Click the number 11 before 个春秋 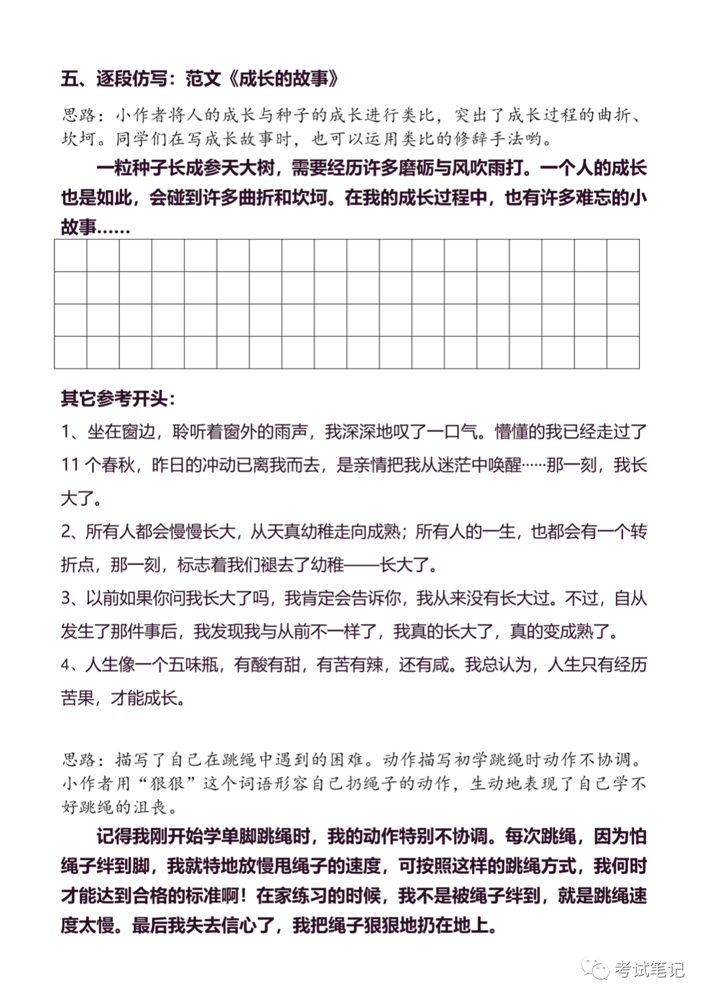[70, 465]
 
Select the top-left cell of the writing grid [71, 255]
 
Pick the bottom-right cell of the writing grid [623, 352]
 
